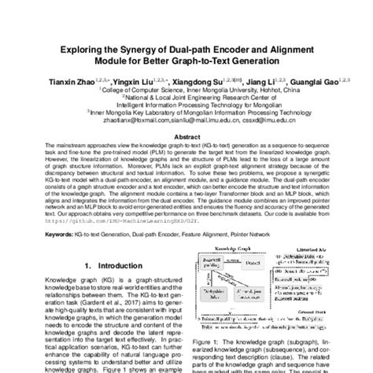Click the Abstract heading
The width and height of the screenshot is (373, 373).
[186, 135]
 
